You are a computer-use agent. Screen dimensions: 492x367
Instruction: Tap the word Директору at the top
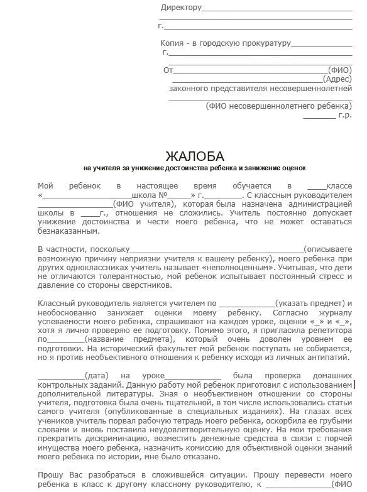click(181, 8)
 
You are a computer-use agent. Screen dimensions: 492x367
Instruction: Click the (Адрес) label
click(338, 79)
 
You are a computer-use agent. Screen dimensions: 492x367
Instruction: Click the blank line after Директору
click(277, 8)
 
